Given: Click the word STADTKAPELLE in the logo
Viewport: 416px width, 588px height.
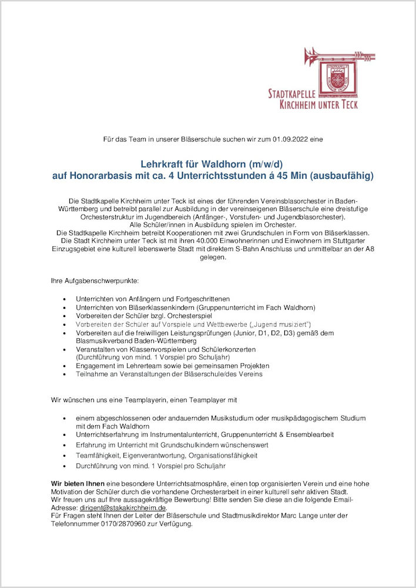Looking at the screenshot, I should point(292,94).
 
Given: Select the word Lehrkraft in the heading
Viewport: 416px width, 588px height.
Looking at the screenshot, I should point(162,163).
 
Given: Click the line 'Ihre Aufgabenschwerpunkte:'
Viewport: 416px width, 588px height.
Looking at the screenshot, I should point(95,282).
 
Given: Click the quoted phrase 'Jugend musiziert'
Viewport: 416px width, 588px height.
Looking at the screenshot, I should point(279,324).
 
